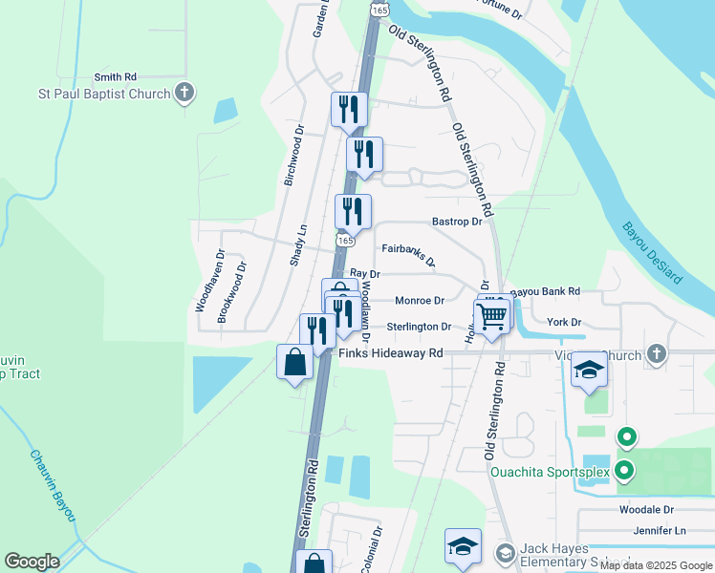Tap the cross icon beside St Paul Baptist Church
185,93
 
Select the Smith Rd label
116,76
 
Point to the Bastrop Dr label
457,222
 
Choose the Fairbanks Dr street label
408,254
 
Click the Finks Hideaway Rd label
392,353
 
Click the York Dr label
563,323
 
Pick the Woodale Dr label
646,510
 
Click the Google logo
32,562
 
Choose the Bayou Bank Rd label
545,291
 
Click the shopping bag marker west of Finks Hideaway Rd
294,363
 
